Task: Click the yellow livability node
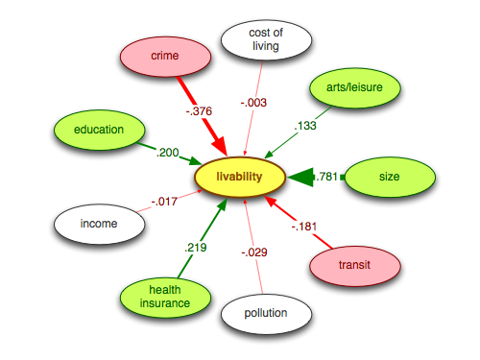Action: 240,177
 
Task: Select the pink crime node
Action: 165,57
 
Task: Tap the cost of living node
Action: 267,40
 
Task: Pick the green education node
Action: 99,130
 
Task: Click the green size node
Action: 389,177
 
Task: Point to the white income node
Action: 99,224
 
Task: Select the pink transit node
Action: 354,263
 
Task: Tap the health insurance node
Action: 164,296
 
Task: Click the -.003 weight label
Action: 253,101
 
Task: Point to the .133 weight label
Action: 304,126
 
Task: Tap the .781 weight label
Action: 328,177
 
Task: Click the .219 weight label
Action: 196,247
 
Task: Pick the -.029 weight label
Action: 254,252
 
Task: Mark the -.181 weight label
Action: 304,227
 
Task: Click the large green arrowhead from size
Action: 301,177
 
